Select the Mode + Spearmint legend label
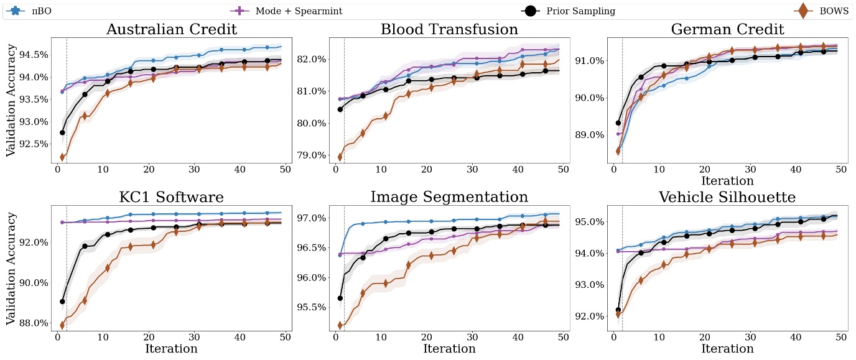pos(299,11)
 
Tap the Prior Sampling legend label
pos(580,11)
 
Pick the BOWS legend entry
pos(834,11)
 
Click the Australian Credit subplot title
pos(171,29)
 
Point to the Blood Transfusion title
pos(449,29)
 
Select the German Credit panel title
pos(727,29)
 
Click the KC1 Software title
pos(171,197)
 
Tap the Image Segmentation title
pos(449,197)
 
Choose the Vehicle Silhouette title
pos(727,197)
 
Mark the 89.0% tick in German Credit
pos(587,135)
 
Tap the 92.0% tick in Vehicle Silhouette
pos(587,316)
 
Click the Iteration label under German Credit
pos(727,181)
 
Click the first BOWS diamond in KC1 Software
pos(62,325)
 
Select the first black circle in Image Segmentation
pos(340,298)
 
